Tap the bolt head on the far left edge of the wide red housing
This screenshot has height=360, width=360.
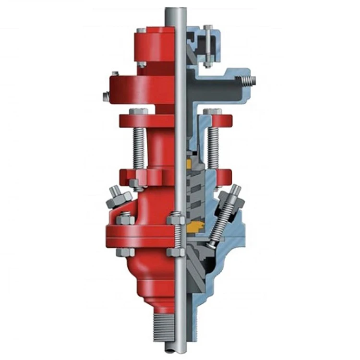tap(105, 96)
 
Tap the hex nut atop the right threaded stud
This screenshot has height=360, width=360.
tap(211, 113)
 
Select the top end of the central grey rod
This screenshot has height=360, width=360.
tap(171, 10)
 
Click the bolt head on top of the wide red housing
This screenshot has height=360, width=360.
tap(115, 74)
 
